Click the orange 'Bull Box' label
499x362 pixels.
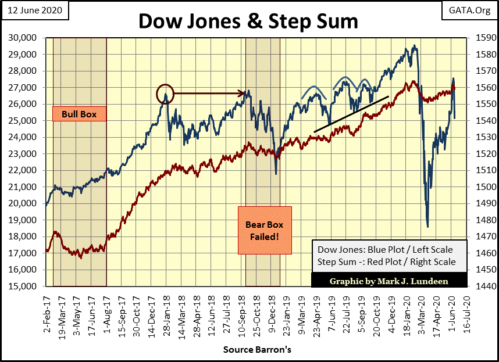coord(79,114)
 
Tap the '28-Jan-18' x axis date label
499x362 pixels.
coord(166,310)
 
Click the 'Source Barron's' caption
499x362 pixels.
coord(249,350)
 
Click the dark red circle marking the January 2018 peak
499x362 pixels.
coord(165,92)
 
